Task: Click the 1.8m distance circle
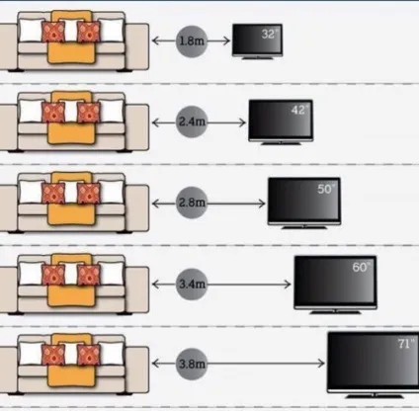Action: tap(192, 41)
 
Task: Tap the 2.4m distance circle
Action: tap(192, 123)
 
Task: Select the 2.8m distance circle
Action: tap(192, 203)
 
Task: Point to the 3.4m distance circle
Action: tap(192, 284)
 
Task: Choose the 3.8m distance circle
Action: tap(192, 364)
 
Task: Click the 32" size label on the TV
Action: tap(270, 34)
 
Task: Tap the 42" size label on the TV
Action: tap(300, 110)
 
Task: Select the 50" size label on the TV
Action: tap(326, 189)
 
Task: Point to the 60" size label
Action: tap(362, 267)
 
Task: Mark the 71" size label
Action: tap(406, 344)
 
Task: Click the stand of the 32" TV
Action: tap(258, 58)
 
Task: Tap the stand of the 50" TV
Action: tap(304, 227)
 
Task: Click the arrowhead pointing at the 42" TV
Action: tap(242, 123)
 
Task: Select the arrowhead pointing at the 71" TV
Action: tap(321, 364)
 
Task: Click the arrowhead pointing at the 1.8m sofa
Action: tap(156, 41)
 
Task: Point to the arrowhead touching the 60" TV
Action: tap(288, 284)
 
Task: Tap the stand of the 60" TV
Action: tap(335, 311)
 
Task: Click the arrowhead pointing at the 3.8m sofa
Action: tap(156, 364)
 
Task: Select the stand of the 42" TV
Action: tap(281, 143)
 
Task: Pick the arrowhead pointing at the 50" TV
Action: tap(262, 204)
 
